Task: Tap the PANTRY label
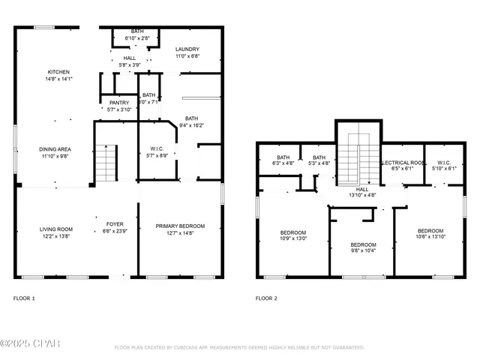tap(119, 103)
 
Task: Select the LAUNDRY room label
tap(187, 49)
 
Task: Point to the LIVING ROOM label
tap(55, 229)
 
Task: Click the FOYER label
tap(115, 223)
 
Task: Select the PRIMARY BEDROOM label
tap(180, 226)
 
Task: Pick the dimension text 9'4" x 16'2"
tap(192, 124)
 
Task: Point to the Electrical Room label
tap(403, 162)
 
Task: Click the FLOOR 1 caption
tap(24, 298)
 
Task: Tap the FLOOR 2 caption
tap(266, 298)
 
